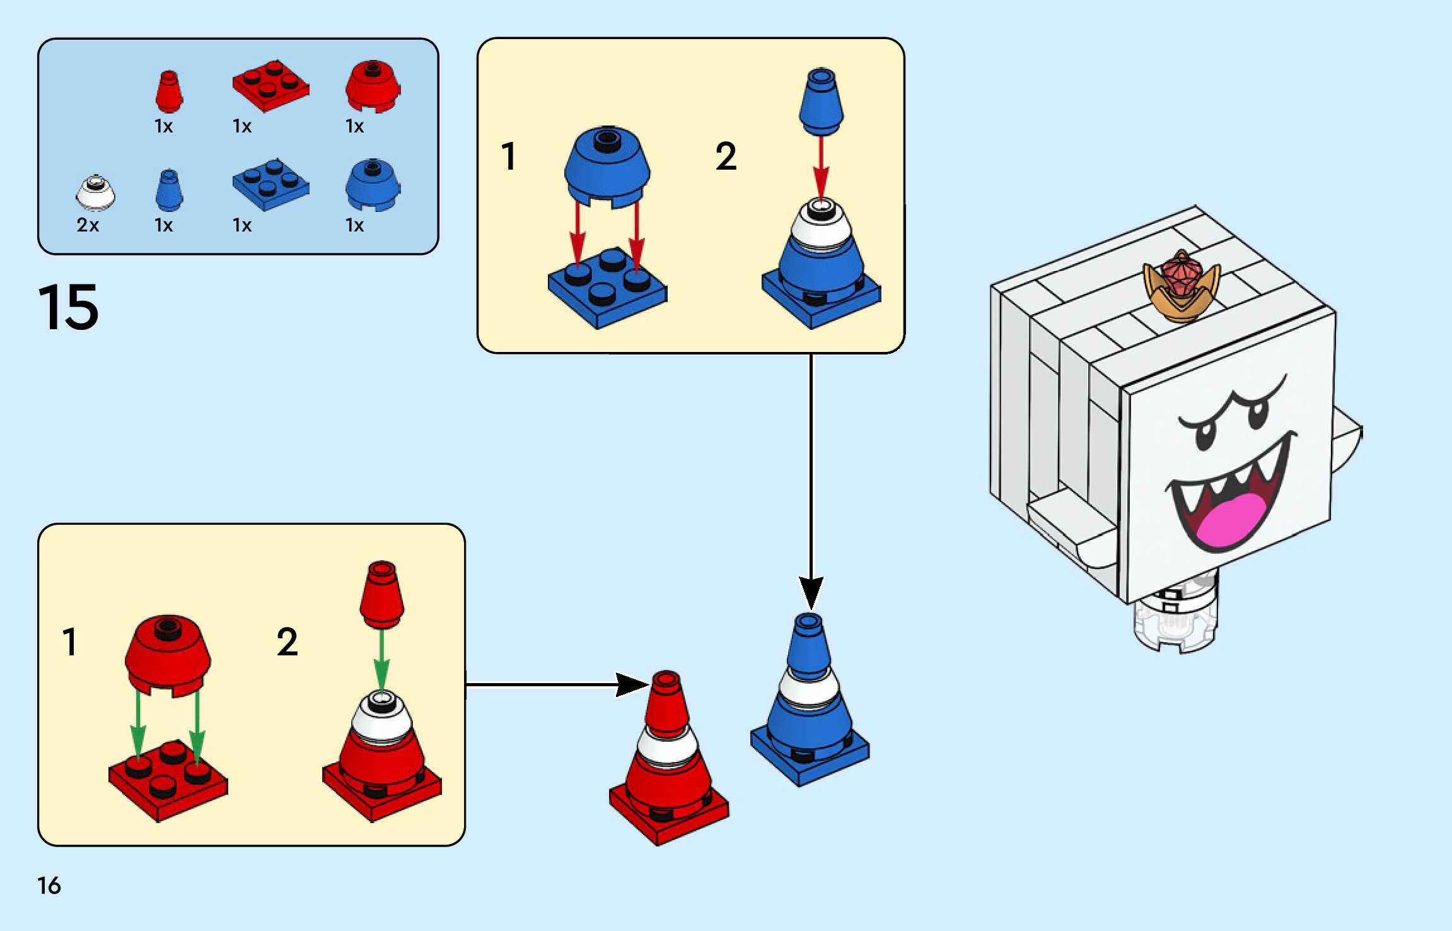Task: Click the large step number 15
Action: pyautogui.click(x=68, y=307)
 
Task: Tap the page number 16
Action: pyautogui.click(x=49, y=886)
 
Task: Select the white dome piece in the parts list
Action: pyautogui.click(x=95, y=193)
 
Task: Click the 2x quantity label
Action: pyautogui.click(x=88, y=225)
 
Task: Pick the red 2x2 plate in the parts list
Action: pyautogui.click(x=270, y=86)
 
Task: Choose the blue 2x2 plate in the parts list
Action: pyautogui.click(x=270, y=185)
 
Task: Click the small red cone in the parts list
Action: pyautogui.click(x=169, y=91)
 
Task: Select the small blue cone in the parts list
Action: pyautogui.click(x=169, y=190)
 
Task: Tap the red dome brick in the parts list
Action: pyautogui.click(x=373, y=86)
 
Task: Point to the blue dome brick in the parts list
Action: pyautogui.click(x=373, y=185)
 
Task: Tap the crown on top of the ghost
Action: pyautogui.click(x=1182, y=285)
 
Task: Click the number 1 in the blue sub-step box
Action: pyautogui.click(x=509, y=156)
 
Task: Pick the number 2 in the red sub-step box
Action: pyautogui.click(x=287, y=642)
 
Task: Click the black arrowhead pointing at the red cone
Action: pyautogui.click(x=632, y=684)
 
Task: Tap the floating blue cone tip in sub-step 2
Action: pyautogui.click(x=821, y=101)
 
